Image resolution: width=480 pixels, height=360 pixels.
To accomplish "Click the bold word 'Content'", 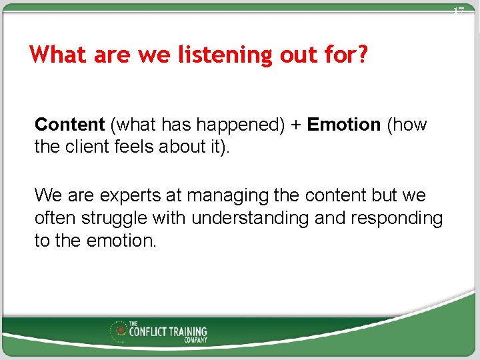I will (70, 125).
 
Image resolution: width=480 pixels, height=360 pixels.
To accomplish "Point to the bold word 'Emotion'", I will (343, 125).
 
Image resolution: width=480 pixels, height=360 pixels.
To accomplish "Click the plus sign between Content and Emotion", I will (295, 125).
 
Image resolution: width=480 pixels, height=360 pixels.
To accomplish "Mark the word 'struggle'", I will (115, 218).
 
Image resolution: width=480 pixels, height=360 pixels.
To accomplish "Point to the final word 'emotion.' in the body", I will (121, 241).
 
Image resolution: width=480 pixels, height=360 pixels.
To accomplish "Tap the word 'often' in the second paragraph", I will (56, 218).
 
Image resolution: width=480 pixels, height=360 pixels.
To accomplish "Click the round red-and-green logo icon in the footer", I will (121, 330).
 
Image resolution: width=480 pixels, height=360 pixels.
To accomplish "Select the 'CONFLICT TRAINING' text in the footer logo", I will (168, 331).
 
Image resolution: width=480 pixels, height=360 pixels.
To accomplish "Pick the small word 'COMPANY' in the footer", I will (196, 340).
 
